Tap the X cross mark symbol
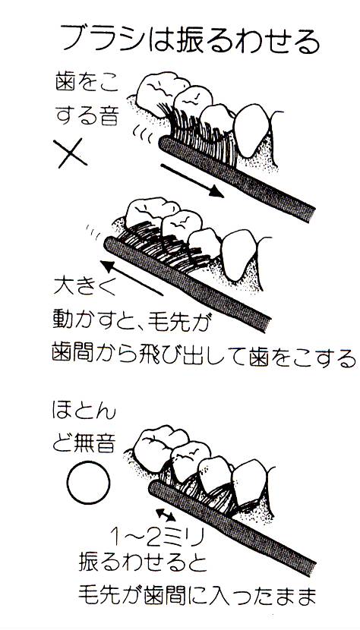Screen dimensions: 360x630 (x=72, y=153)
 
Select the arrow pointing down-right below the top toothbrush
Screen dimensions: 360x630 (x=192, y=181)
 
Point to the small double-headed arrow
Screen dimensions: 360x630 (x=166, y=515)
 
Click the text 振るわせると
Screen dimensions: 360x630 (x=142, y=565)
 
